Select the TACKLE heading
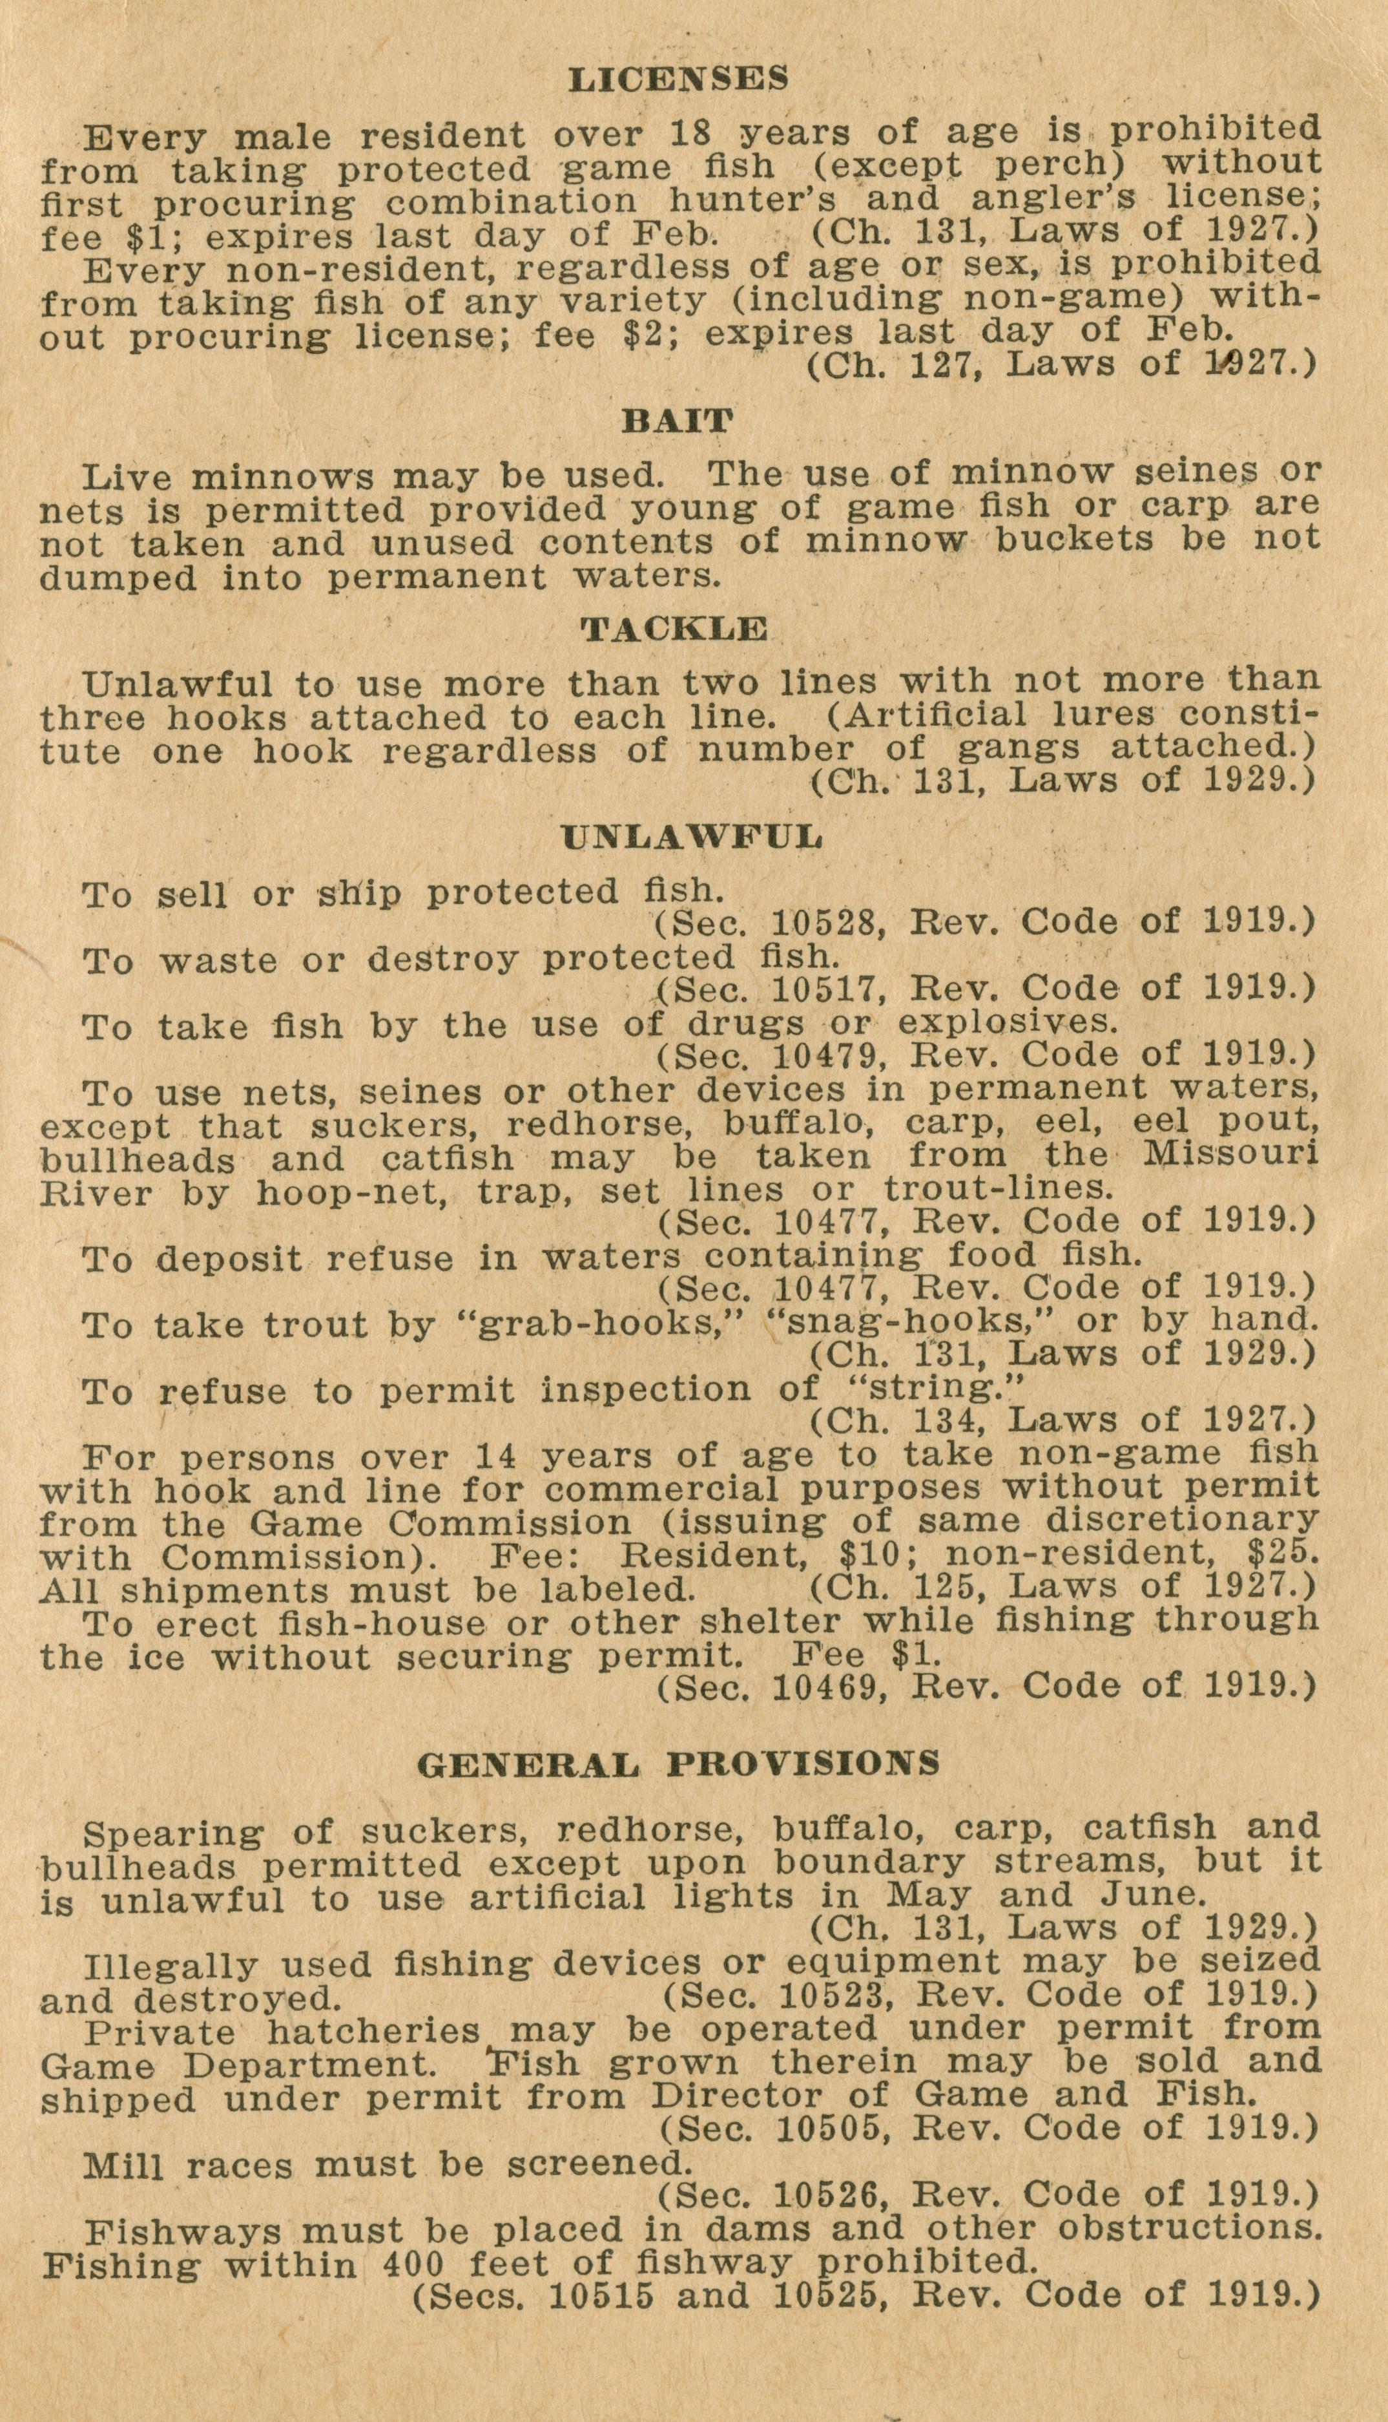coord(675,629)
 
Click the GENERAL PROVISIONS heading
coord(679,1763)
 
